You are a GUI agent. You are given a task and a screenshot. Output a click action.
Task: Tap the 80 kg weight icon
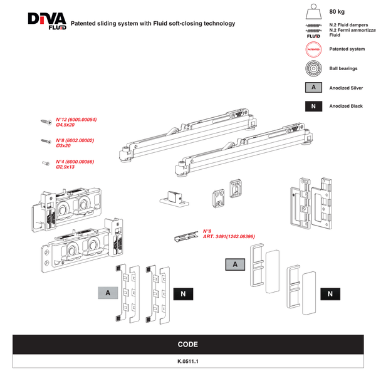313,14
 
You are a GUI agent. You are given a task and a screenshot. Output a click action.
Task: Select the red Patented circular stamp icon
313,49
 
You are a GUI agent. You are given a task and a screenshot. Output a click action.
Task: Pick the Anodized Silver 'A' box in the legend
313,88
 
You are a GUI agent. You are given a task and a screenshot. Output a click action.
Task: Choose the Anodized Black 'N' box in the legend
313,107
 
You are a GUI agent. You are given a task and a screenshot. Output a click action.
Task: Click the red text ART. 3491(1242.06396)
227,237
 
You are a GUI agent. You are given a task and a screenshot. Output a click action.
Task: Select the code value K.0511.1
187,361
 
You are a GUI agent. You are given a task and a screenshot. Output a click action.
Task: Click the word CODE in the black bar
187,344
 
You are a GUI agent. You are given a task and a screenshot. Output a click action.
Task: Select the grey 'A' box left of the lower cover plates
108,293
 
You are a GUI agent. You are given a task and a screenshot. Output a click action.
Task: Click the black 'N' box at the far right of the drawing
330,293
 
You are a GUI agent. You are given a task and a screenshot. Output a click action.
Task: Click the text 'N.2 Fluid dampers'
348,24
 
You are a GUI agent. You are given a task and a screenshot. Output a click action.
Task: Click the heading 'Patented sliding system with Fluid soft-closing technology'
153,24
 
